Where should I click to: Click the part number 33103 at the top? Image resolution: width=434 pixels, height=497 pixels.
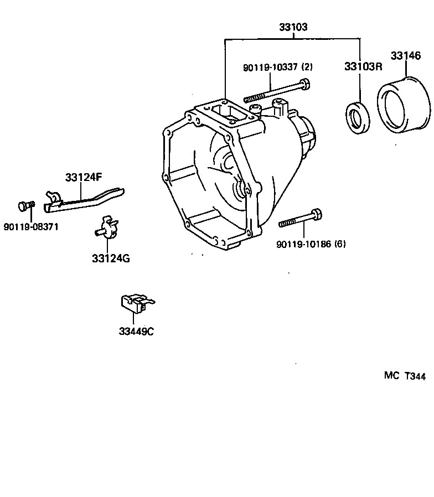click(292, 27)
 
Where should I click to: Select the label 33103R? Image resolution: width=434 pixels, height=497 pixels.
click(363, 66)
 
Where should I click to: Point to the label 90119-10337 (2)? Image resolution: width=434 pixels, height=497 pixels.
click(277, 68)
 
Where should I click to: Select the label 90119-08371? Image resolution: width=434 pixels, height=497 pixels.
click(31, 227)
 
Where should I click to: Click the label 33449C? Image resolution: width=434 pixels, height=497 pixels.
click(136, 332)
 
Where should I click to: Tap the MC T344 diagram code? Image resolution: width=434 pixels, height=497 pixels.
click(405, 376)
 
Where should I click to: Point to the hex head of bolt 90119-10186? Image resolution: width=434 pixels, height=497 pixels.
click(317, 215)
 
